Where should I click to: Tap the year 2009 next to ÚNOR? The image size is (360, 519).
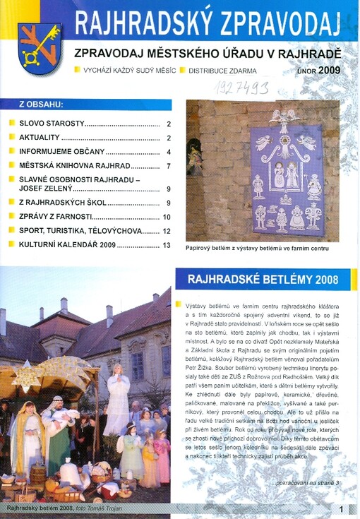tap(329, 71)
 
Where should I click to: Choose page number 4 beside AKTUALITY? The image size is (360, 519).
tap(169, 138)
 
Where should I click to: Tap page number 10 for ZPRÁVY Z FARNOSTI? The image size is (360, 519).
tap(167, 217)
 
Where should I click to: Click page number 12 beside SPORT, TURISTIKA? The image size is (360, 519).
tap(167, 231)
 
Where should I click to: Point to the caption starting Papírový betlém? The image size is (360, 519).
tap(258, 249)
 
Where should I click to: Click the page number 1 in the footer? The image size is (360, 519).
tap(341, 508)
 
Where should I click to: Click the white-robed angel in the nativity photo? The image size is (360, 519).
tap(116, 400)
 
